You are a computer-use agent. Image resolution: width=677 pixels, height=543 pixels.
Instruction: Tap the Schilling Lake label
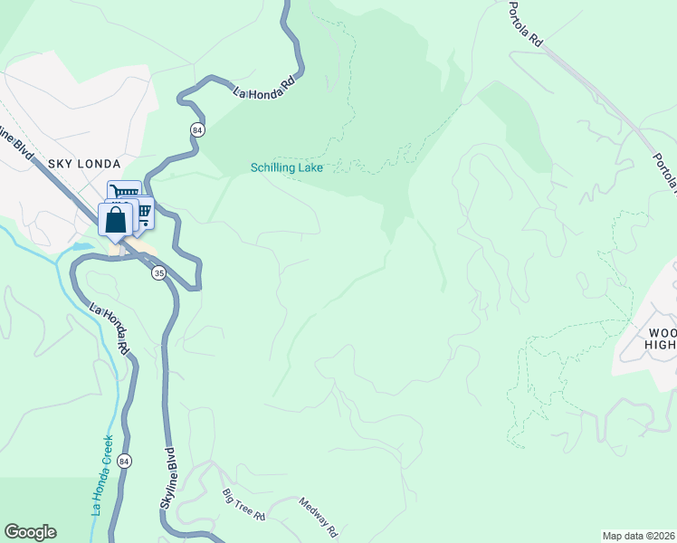[x=287, y=167]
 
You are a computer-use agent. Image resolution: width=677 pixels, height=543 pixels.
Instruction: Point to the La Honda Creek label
[x=102, y=475]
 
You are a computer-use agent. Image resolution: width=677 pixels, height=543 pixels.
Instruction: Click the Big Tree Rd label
[x=243, y=505]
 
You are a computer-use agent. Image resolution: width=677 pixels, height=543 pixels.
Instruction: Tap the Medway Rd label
[x=319, y=518]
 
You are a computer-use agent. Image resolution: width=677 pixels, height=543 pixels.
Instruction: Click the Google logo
[x=30, y=532]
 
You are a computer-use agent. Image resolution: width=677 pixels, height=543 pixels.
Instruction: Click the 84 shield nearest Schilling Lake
[x=197, y=131]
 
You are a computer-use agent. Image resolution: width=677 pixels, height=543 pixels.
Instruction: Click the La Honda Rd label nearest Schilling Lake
[x=264, y=90]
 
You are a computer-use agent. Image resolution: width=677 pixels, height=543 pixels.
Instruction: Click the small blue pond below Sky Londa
[x=81, y=245]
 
